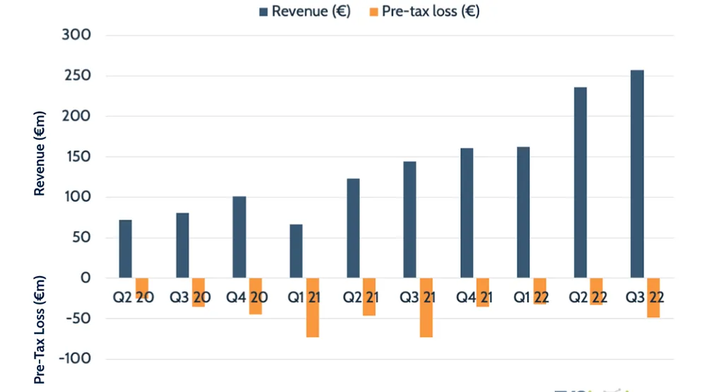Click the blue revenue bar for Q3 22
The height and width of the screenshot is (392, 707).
[637, 174]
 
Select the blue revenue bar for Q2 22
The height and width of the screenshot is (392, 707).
[580, 182]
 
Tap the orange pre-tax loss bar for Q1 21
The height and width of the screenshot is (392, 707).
[312, 307]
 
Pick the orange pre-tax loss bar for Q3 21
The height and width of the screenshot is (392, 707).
[426, 307]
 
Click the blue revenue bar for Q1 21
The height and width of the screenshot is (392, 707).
[296, 251]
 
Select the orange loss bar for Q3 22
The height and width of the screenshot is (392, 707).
[653, 297]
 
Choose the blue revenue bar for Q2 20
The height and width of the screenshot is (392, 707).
[125, 249]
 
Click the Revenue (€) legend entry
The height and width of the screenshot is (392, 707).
[300, 11]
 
